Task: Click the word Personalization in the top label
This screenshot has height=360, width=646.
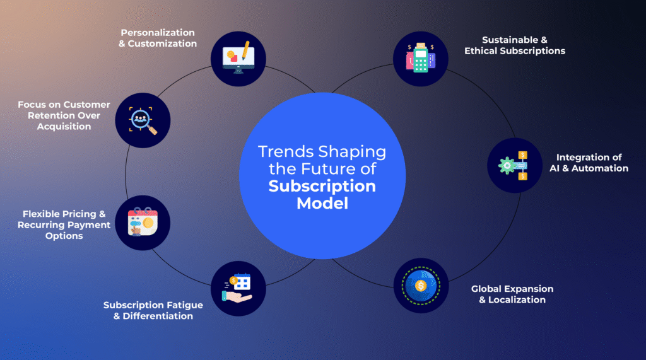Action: tap(157, 33)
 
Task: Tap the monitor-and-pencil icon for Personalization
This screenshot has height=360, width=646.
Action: tap(238, 57)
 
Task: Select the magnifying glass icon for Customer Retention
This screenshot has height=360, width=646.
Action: tap(143, 120)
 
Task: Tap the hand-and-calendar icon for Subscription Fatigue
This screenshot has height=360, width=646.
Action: tap(237, 288)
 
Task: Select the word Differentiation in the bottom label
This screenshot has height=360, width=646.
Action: tap(158, 316)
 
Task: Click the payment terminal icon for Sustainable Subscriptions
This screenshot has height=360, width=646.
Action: tap(421, 58)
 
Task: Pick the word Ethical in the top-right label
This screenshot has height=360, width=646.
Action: tap(483, 50)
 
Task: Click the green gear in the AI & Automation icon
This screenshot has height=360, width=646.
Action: tap(507, 166)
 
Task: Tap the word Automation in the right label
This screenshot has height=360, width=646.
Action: tap(600, 168)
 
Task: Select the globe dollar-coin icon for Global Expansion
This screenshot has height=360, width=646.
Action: tap(421, 286)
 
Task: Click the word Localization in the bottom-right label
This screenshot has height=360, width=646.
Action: tap(517, 300)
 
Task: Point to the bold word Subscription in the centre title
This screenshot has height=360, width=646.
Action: tap(322, 186)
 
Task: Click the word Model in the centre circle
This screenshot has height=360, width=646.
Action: tap(322, 203)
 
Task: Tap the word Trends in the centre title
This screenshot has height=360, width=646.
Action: tap(286, 151)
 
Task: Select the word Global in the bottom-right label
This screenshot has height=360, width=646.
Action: tap(486, 289)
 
